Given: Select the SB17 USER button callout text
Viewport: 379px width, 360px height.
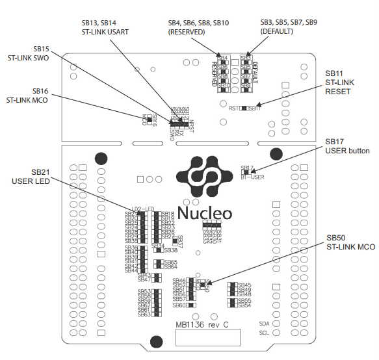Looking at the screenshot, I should [347, 146].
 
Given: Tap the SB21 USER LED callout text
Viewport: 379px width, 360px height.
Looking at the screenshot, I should [31, 176].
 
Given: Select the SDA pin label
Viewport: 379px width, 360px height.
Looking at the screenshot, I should [264, 323].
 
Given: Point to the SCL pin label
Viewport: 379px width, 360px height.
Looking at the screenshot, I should [264, 333].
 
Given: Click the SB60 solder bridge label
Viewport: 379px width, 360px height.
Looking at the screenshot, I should [179, 305].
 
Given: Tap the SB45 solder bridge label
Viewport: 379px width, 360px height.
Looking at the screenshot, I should [244, 285].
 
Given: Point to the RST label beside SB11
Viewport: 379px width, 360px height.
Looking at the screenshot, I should [234, 108].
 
